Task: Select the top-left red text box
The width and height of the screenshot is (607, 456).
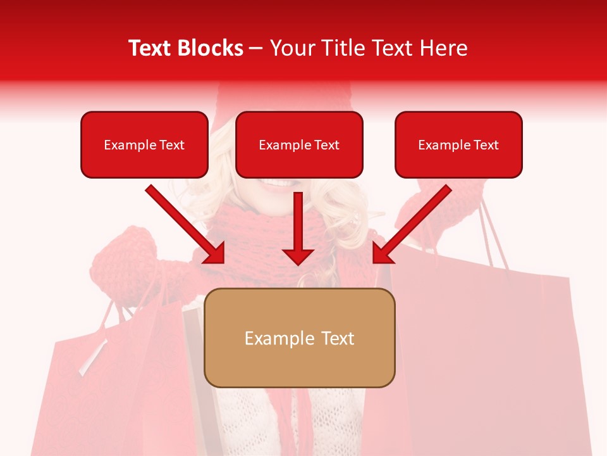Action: point(144,144)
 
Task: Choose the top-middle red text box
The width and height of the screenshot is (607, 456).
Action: point(299,144)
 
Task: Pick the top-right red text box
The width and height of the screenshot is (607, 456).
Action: point(458,144)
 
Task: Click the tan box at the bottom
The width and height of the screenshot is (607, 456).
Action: point(299,338)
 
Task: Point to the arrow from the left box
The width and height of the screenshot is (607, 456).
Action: point(183,223)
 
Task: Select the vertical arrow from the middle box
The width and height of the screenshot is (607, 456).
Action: point(298,225)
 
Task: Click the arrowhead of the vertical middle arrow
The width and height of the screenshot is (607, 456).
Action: point(298,256)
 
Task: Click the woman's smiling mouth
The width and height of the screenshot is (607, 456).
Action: point(278,184)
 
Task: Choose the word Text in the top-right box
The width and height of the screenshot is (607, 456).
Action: point(486,145)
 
